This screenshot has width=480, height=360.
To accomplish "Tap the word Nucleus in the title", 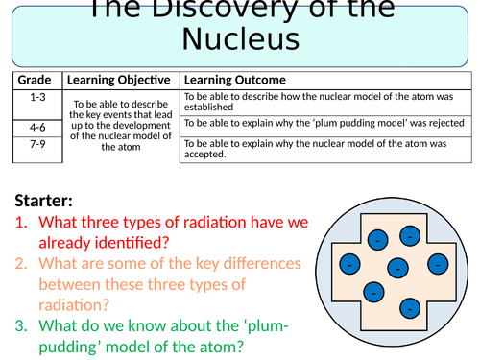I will click(240, 39).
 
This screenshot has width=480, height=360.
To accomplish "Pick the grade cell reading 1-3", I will click(36, 96).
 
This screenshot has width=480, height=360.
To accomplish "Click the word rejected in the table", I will click(445, 123).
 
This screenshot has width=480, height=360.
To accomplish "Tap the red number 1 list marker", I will click(22, 222).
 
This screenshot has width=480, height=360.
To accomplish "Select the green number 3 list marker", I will click(22, 327).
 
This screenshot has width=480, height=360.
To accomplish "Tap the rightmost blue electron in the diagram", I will click(438, 263).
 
